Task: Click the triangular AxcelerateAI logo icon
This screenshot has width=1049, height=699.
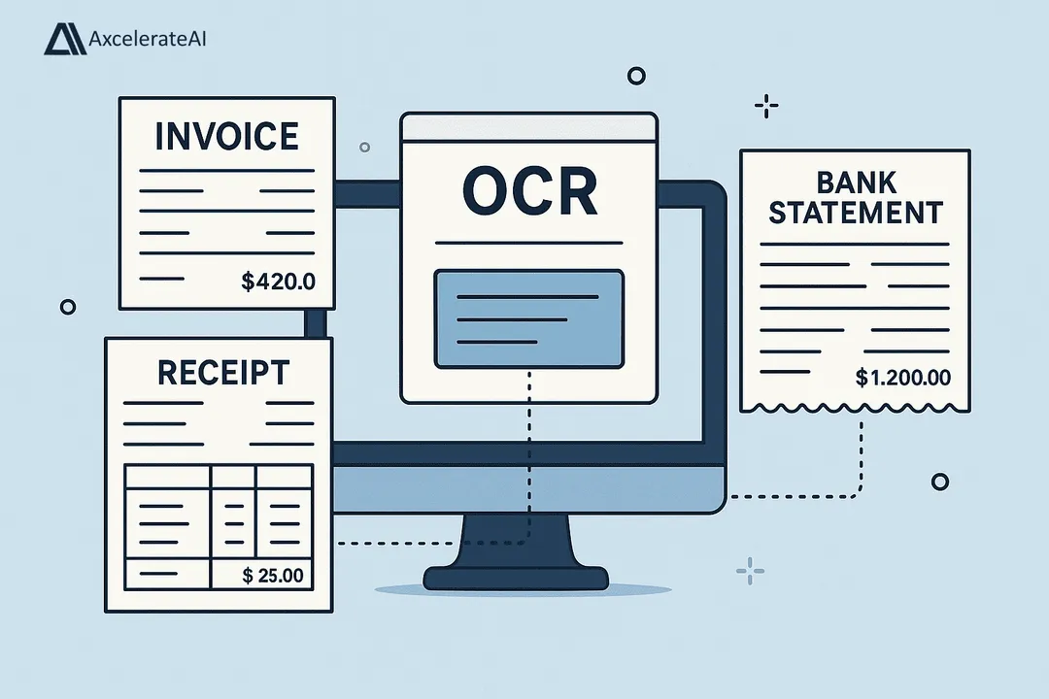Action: [x=64, y=39]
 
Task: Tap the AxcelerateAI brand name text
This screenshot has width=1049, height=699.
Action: [x=147, y=40]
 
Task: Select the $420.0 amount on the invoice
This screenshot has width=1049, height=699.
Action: [x=278, y=283]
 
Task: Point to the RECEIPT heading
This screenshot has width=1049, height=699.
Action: [x=222, y=372]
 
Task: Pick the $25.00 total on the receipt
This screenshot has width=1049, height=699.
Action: [x=273, y=576]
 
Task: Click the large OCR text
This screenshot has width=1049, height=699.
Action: [x=529, y=192]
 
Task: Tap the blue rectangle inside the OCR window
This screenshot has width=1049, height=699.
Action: [x=529, y=318]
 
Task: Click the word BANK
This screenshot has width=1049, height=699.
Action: [x=855, y=182]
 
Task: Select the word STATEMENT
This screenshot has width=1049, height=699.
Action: [x=855, y=212]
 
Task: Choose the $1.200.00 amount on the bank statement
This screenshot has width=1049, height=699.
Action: [x=903, y=378]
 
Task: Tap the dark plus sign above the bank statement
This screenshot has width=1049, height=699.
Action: [x=766, y=106]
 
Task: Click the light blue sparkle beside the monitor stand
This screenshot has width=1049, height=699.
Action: [x=750, y=571]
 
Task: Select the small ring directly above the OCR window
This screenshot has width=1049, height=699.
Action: [x=636, y=75]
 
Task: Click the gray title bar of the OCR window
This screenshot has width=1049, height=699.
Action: [x=529, y=126]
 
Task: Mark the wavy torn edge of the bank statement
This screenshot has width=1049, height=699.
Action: [x=855, y=405]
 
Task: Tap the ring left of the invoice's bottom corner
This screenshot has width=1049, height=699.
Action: [x=67, y=307]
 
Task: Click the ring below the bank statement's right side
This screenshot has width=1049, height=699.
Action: [x=939, y=482]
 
